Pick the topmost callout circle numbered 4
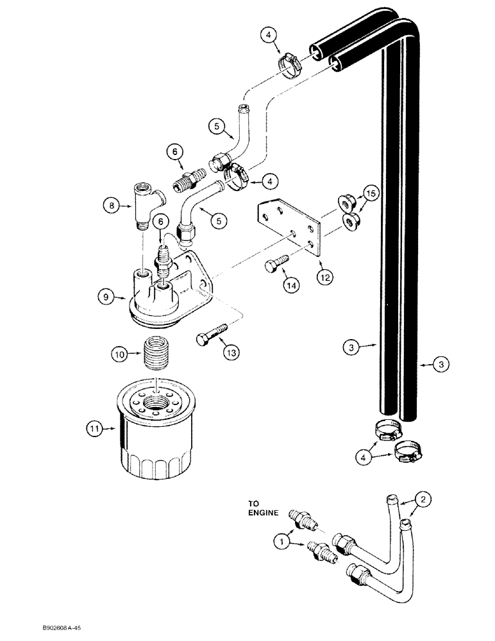pyautogui.click(x=271, y=35)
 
